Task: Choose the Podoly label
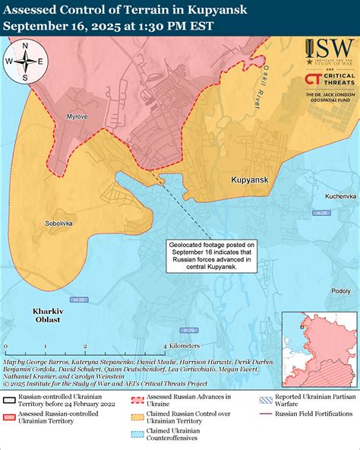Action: (x=341, y=290)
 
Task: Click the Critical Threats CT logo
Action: (x=312, y=79)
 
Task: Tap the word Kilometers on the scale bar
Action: (x=185, y=345)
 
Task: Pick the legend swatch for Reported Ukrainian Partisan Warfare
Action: (x=264, y=397)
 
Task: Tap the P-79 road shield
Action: (x=190, y=330)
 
